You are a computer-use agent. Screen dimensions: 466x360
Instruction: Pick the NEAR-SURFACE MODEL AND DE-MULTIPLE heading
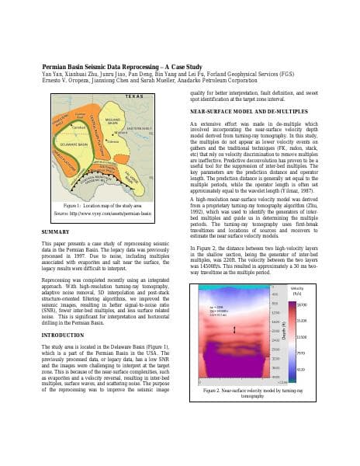click(243, 112)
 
